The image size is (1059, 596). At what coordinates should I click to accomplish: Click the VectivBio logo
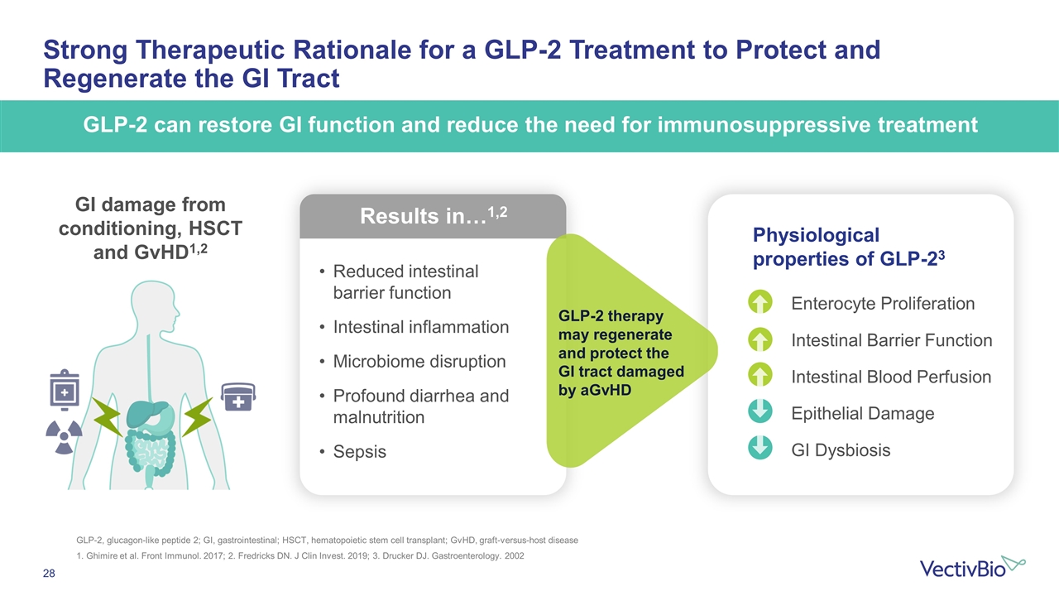click(972, 568)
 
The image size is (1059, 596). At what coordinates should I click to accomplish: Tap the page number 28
click(49, 574)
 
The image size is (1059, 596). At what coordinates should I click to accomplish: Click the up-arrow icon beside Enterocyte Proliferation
click(760, 302)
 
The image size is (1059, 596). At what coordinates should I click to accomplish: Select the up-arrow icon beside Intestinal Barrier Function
click(760, 339)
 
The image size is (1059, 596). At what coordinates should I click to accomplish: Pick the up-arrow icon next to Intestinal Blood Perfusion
click(760, 376)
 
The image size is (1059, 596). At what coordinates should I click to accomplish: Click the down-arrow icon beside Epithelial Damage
click(760, 411)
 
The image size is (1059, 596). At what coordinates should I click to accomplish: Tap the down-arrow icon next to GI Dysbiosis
click(760, 448)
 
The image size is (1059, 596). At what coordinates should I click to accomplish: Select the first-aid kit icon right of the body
click(239, 397)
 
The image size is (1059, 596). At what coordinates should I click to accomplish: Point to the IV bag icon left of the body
click(65, 390)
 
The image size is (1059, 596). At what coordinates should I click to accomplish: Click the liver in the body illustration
click(147, 412)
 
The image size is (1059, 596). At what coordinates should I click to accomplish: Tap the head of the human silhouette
click(155, 303)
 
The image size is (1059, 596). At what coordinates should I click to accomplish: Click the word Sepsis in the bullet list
click(359, 452)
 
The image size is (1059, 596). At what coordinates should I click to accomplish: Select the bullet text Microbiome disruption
click(419, 362)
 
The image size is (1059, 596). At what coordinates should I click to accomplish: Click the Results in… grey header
click(433, 216)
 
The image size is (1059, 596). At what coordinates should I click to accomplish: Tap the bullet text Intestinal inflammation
click(421, 327)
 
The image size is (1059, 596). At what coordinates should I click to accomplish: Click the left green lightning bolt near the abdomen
click(107, 416)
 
